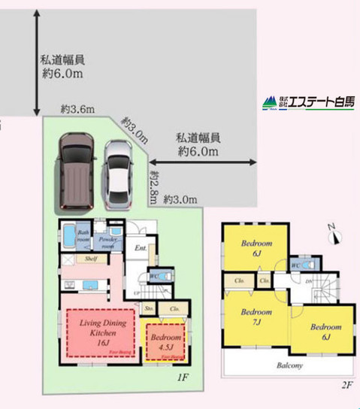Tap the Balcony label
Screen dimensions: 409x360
click(x=289, y=365)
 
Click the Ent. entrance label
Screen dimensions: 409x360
click(x=140, y=247)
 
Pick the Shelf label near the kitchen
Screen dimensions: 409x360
click(x=91, y=259)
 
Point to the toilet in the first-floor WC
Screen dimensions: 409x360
click(x=168, y=276)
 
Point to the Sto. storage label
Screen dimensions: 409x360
click(x=150, y=309)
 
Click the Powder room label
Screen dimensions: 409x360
click(x=109, y=241)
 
